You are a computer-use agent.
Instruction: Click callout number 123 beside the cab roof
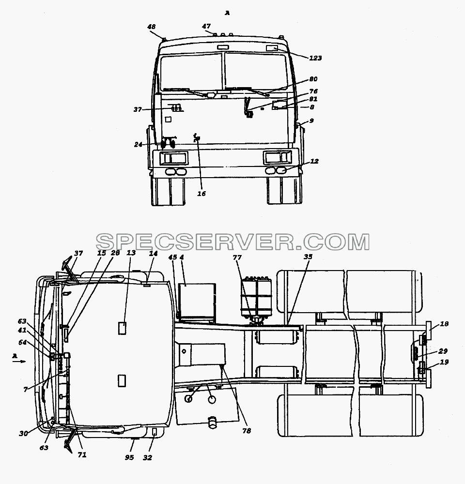(x=315, y=58)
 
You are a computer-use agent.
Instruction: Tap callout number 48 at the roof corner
(x=152, y=27)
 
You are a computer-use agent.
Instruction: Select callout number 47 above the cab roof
(x=206, y=26)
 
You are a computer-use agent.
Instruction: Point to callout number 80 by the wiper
(x=313, y=79)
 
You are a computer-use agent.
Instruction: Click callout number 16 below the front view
(x=201, y=194)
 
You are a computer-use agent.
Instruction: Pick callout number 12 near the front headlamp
(x=314, y=161)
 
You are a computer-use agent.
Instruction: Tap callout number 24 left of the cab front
(x=138, y=144)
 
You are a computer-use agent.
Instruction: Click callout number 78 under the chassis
(x=247, y=431)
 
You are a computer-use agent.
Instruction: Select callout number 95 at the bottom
(x=129, y=457)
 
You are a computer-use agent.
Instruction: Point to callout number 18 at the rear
(x=444, y=324)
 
